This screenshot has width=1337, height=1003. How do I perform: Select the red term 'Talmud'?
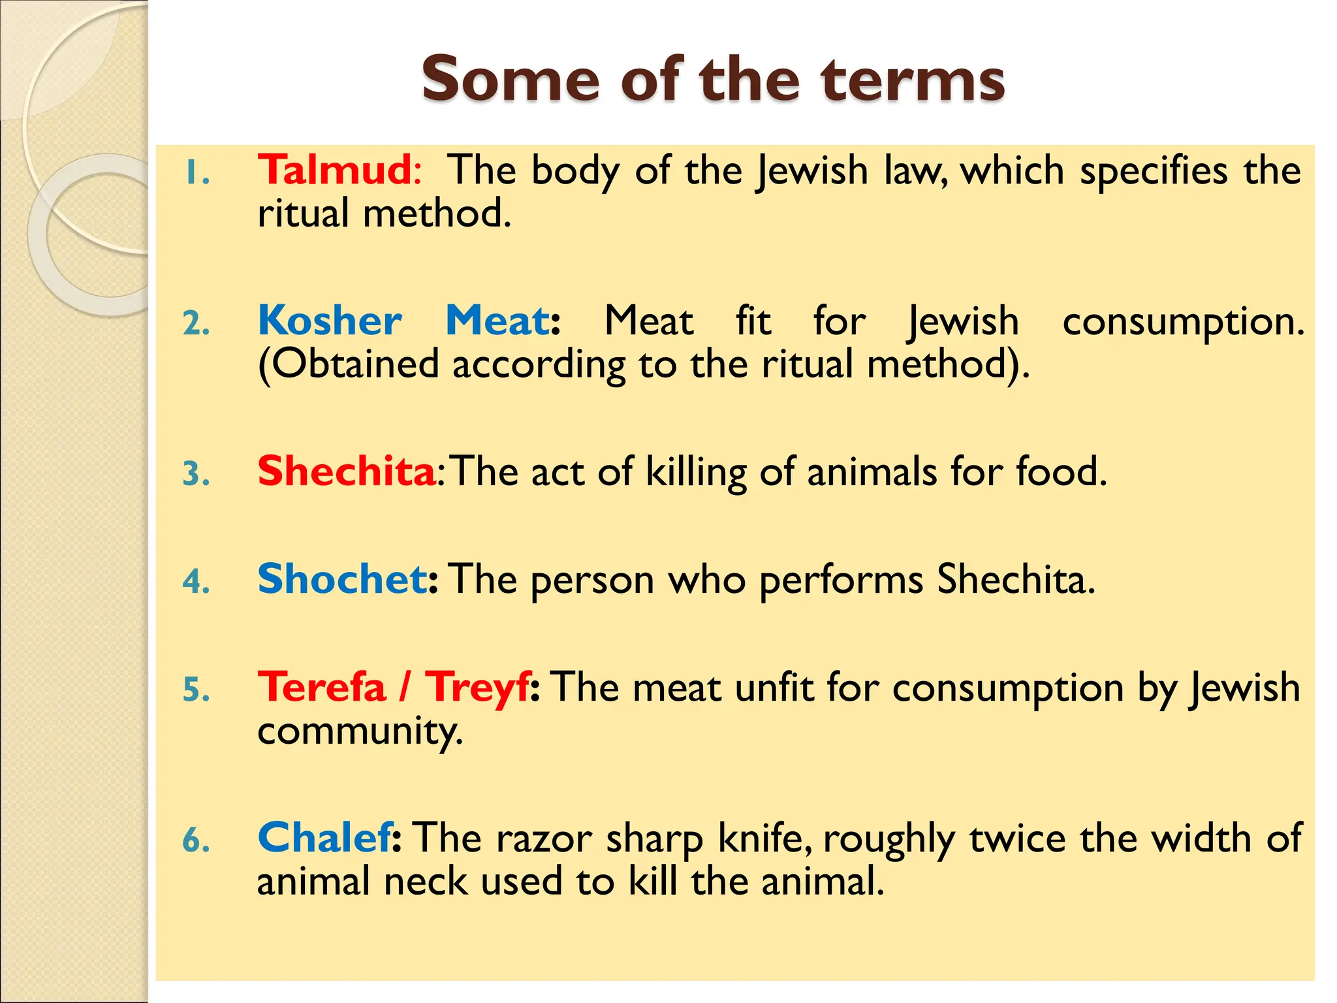click(334, 170)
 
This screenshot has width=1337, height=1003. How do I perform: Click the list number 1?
click(195, 174)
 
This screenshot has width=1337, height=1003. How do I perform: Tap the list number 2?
click(197, 324)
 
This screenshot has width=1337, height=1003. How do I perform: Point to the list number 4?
click(197, 581)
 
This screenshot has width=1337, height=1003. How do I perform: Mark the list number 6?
click(197, 840)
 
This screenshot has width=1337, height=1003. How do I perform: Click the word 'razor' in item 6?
click(544, 838)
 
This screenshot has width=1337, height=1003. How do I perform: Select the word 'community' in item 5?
click(360, 732)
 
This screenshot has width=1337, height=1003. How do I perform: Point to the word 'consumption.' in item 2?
click(1182, 322)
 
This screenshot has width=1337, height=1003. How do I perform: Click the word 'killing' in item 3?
click(695, 472)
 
